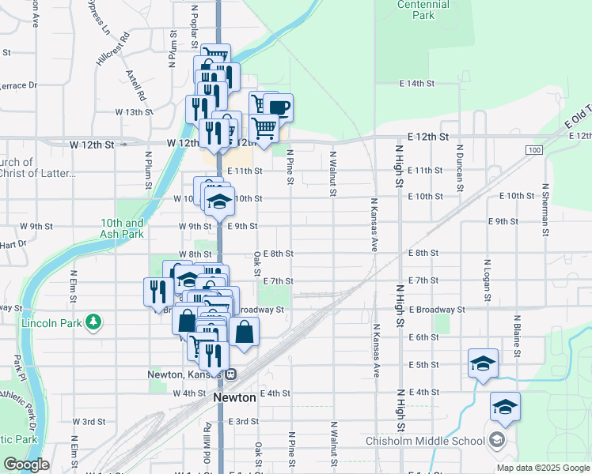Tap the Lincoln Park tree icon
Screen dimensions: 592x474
tap(94, 322)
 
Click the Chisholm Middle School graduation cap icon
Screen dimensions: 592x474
tap(497, 440)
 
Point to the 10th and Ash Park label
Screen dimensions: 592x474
tap(123, 229)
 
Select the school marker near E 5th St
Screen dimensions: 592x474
tap(483, 363)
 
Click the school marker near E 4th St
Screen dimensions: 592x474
tap(505, 407)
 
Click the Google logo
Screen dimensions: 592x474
tap(26, 465)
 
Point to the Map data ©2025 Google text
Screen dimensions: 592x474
tap(542, 468)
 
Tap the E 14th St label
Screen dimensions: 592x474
tap(417, 83)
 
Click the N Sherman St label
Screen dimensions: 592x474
tap(545, 210)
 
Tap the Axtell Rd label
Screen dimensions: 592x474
tap(136, 85)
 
